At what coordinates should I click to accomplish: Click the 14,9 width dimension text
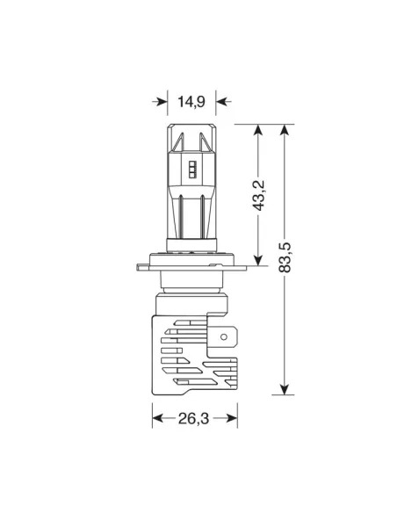(191, 102)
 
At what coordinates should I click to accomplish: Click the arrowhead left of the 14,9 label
(160, 102)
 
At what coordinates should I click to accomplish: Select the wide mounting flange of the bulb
(191, 262)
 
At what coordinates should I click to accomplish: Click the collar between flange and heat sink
(191, 290)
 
